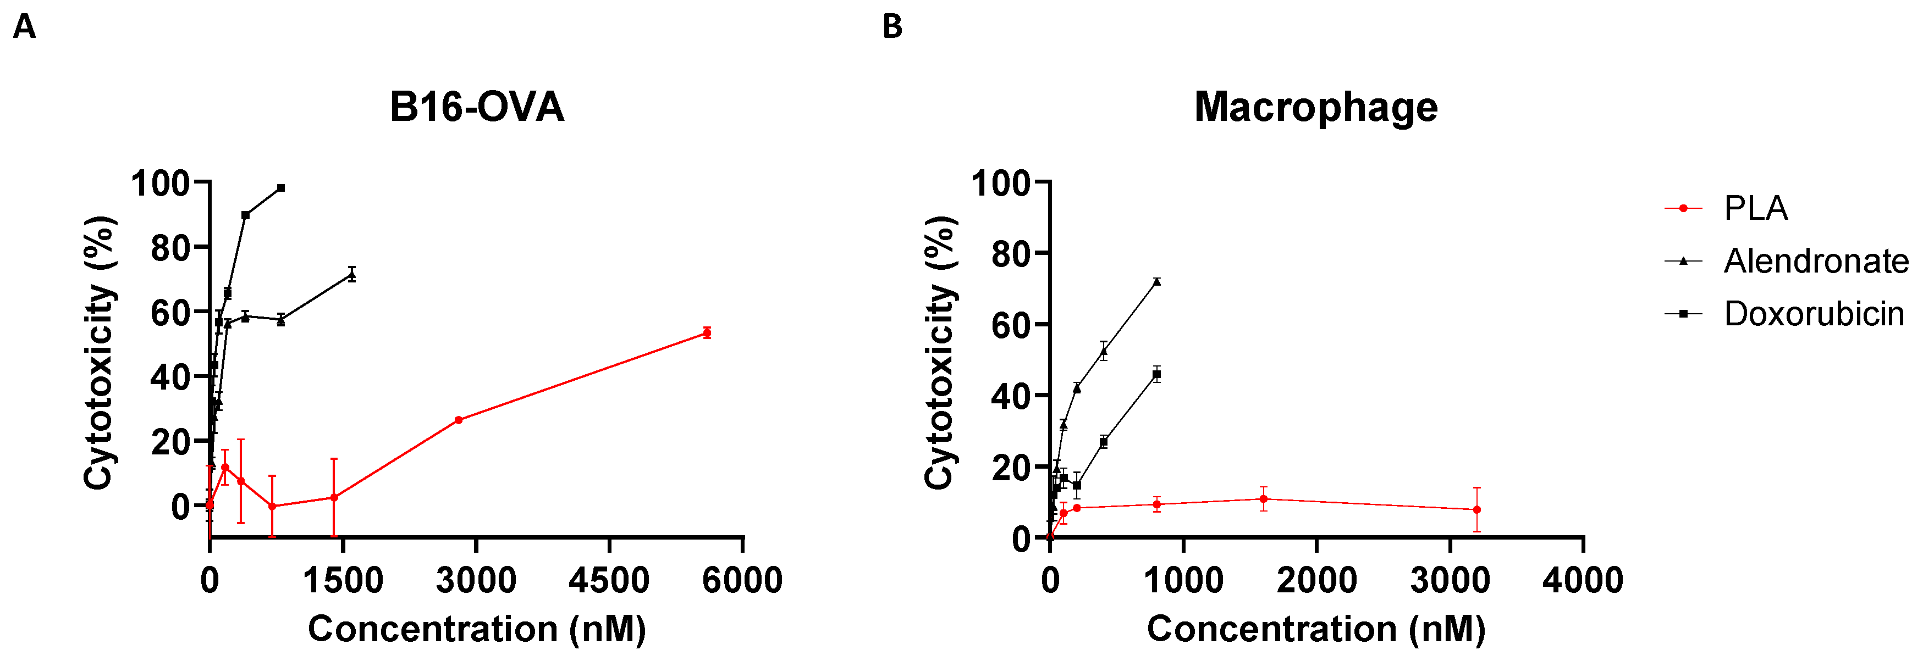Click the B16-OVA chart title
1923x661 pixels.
pyautogui.click(x=476, y=107)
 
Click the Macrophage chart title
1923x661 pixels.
pyautogui.click(x=1315, y=107)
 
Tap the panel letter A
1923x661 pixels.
pyautogui.click(x=25, y=27)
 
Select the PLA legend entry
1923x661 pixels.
pyautogui.click(x=1755, y=208)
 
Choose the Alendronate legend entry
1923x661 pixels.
pyautogui.click(x=1816, y=261)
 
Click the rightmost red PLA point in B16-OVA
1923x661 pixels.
pyautogui.click(x=706, y=333)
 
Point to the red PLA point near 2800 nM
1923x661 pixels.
pyautogui.click(x=459, y=420)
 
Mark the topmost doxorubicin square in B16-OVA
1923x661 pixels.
pyautogui.click(x=280, y=188)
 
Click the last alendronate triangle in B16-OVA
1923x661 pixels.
pyautogui.click(x=351, y=275)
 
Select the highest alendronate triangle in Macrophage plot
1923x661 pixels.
pyautogui.click(x=1156, y=281)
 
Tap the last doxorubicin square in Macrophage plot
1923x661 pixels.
pyautogui.click(x=1156, y=375)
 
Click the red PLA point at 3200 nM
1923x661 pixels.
pyautogui.click(x=1476, y=509)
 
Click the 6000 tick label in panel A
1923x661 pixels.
pyautogui.click(x=742, y=580)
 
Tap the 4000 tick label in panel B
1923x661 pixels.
pyautogui.click(x=1583, y=580)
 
